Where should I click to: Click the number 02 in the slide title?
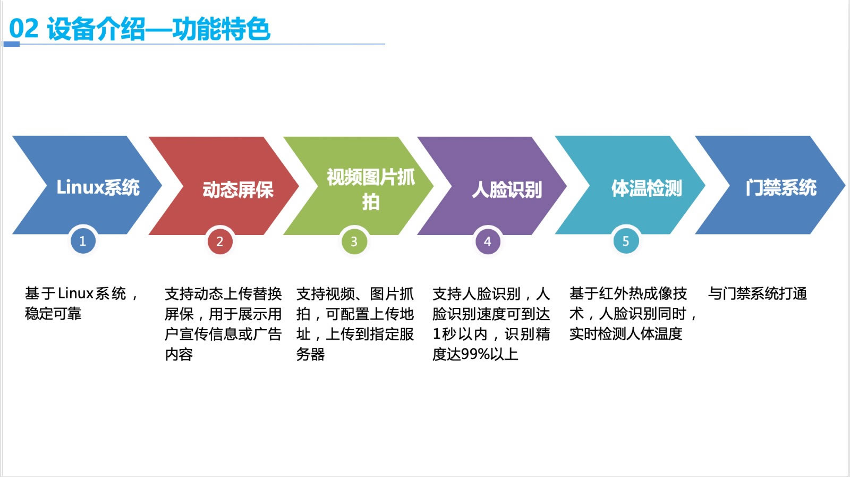pyautogui.click(x=23, y=28)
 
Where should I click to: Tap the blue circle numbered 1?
pyautogui.click(x=83, y=241)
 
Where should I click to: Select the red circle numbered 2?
pyautogui.click(x=220, y=241)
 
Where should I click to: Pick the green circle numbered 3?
pyautogui.click(x=354, y=241)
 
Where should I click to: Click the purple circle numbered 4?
pyautogui.click(x=488, y=241)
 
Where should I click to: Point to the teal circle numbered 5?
pyautogui.click(x=626, y=241)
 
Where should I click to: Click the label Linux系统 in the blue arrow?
pyautogui.click(x=98, y=187)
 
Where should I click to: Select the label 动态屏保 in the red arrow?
pyautogui.click(x=238, y=190)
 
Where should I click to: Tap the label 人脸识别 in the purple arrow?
pyautogui.click(x=507, y=190)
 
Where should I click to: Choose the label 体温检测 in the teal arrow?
pyautogui.click(x=647, y=188)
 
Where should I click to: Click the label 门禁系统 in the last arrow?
pyautogui.click(x=781, y=188)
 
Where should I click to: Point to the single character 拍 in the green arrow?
pyautogui.click(x=371, y=202)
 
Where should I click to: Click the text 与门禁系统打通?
pyautogui.click(x=758, y=294)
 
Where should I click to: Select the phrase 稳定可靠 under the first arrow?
pyautogui.click(x=53, y=314)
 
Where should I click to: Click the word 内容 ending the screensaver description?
pyautogui.click(x=178, y=354)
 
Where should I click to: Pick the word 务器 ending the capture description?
pyautogui.click(x=310, y=354)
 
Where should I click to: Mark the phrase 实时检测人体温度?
pyautogui.click(x=626, y=334)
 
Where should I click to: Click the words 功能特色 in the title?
pyautogui.click(x=221, y=29)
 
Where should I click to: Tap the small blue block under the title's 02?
pyautogui.click(x=11, y=45)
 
